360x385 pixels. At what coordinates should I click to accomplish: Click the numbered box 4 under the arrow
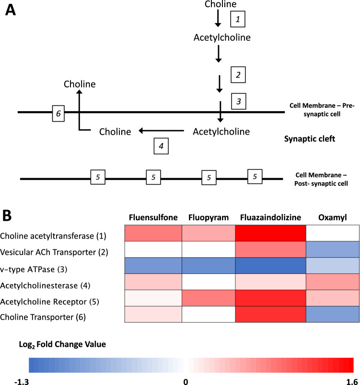(161, 147)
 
